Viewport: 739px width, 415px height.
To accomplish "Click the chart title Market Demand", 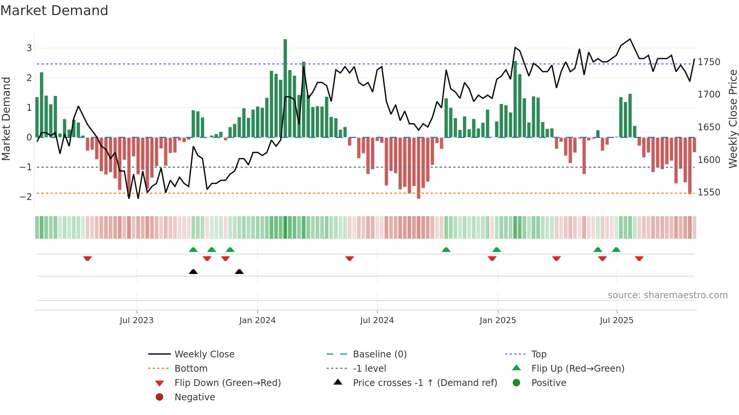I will click(54, 11).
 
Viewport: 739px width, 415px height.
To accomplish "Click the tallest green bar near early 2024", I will click(285, 88).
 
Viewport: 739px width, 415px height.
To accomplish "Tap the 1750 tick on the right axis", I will click(709, 62).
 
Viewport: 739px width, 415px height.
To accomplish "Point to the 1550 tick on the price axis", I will click(709, 192).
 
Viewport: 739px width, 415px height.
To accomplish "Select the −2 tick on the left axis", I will click(26, 197).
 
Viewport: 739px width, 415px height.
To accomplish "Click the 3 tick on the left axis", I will click(29, 48).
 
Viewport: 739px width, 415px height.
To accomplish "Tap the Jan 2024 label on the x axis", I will click(257, 320).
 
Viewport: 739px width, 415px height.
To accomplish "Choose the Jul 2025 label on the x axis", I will click(616, 320).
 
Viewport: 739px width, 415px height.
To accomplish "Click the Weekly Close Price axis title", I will click(733, 119).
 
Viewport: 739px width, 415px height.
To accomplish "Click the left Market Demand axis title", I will click(6, 119).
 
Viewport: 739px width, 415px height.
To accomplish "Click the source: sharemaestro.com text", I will click(667, 295).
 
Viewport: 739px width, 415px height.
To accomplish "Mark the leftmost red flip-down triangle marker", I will click(87, 258).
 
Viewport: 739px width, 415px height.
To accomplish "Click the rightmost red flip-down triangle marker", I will click(639, 258).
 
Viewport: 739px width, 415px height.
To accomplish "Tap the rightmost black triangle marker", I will click(239, 272).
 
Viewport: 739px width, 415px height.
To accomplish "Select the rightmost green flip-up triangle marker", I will click(616, 250).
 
